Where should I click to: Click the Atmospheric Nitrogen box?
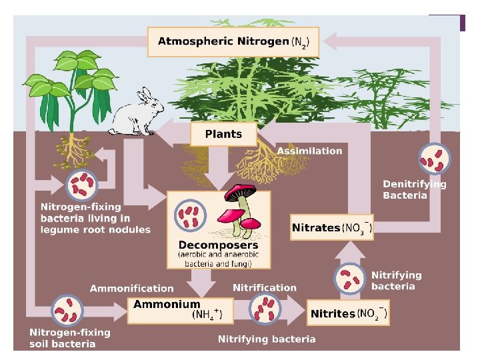(233, 41)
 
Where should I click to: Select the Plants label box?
(223, 134)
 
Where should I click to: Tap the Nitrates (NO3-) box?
(332, 228)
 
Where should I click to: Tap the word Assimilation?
(309, 151)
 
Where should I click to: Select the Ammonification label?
(131, 289)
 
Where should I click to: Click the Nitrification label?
(265, 288)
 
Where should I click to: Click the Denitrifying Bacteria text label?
(414, 190)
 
